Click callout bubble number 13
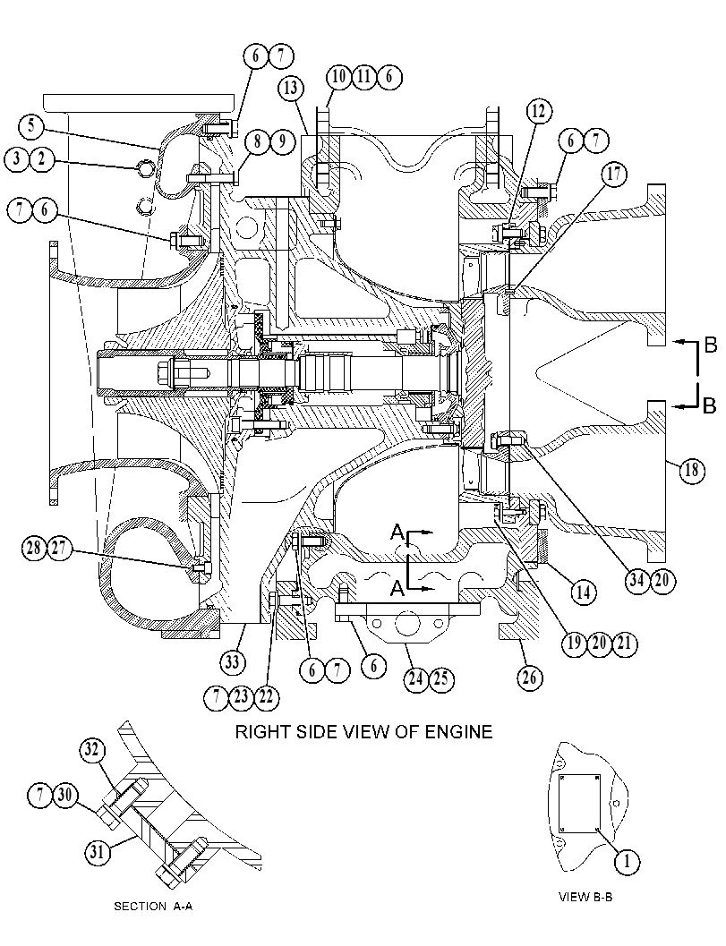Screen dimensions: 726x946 (x=290, y=88)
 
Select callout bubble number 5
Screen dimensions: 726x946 (x=30, y=127)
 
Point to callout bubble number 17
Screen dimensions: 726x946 (x=614, y=175)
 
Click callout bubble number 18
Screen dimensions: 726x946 (x=692, y=469)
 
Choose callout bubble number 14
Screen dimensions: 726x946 (x=583, y=592)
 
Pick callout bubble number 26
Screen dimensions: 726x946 (x=529, y=678)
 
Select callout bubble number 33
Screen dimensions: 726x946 (x=233, y=662)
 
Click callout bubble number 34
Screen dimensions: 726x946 (x=636, y=580)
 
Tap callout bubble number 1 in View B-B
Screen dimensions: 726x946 (x=627, y=862)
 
